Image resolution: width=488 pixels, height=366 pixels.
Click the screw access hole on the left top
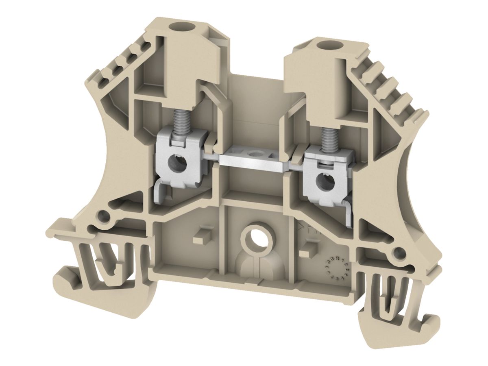(x=178, y=29)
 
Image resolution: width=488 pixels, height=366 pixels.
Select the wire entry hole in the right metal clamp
(x=325, y=178)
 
